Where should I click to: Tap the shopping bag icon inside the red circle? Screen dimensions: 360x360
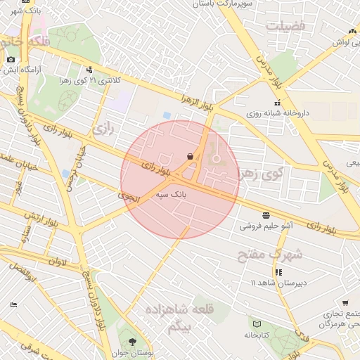coord(190,155)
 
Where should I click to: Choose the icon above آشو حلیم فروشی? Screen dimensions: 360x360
coord(266,214)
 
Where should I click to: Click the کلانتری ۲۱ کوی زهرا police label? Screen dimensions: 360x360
coord(98,80)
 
